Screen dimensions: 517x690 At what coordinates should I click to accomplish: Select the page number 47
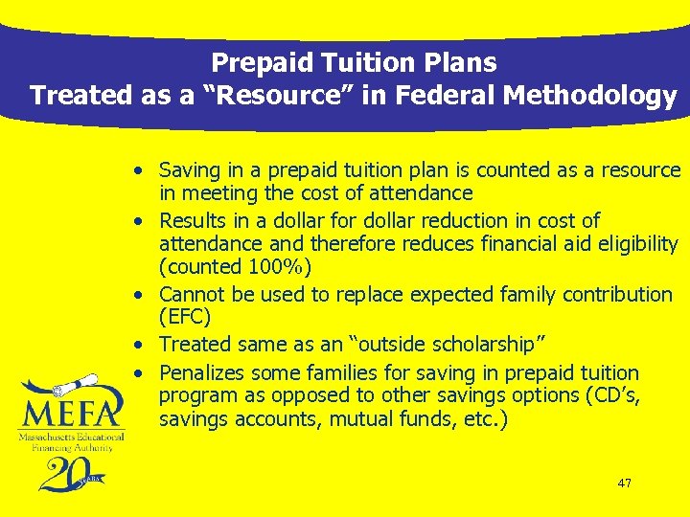pos(625,483)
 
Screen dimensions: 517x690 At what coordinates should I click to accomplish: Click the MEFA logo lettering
pos(71,414)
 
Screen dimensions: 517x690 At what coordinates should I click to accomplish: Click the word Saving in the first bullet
pos(189,170)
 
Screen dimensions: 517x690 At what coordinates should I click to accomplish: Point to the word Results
pos(193,221)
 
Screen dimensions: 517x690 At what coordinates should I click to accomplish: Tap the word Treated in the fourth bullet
pos(196,344)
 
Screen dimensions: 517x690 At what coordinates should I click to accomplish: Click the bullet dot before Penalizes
pos(140,373)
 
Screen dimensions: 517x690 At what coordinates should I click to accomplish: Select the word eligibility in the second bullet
pos(633,244)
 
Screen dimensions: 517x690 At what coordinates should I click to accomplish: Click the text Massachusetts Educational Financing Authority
pos(66,440)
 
